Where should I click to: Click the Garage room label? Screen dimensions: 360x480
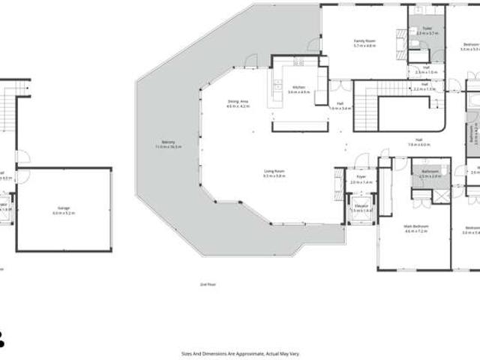point(64,209)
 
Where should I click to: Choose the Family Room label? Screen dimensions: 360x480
point(364,42)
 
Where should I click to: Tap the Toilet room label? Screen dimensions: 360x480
point(427,29)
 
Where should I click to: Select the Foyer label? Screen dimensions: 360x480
point(361,178)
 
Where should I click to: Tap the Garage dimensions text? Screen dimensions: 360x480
point(64,214)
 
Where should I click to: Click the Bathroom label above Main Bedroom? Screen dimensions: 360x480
point(430,172)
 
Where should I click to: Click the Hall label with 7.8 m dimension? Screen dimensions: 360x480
point(418,140)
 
